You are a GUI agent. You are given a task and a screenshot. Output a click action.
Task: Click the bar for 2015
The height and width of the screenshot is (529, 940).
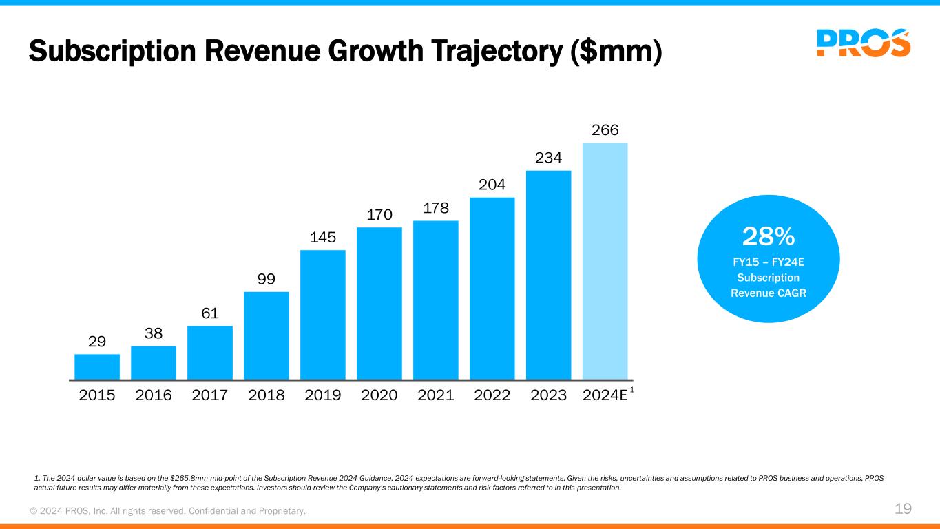click(97, 366)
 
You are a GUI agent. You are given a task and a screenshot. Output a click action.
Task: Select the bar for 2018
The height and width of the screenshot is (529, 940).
click(267, 335)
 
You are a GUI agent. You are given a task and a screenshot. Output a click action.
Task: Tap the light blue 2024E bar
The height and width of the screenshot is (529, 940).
click(605, 261)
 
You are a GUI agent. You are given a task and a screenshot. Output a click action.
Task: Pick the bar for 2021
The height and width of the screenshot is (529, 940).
click(436, 300)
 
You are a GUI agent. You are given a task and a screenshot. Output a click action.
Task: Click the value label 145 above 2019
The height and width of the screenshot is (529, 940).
click(323, 238)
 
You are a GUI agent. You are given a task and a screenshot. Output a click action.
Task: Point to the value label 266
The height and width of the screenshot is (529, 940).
click(605, 129)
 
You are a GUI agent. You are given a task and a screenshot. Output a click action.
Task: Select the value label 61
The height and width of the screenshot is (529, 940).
click(210, 313)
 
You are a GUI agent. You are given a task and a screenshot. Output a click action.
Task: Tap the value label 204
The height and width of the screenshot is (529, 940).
click(492, 185)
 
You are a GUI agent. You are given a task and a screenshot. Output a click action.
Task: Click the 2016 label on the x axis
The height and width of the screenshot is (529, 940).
click(154, 395)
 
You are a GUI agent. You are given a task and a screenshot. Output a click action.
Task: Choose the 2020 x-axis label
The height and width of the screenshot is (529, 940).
click(379, 395)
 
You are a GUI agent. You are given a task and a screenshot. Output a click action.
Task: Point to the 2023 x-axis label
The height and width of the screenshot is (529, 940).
click(549, 395)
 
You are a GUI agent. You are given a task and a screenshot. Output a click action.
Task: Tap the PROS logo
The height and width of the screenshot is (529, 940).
click(864, 43)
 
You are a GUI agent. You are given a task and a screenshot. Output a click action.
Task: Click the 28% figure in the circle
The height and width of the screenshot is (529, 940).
click(769, 237)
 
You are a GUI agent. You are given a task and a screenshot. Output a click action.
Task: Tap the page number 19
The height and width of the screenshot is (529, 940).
click(903, 509)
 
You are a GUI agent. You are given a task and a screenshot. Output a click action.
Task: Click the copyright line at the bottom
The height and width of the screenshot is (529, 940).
click(167, 510)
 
